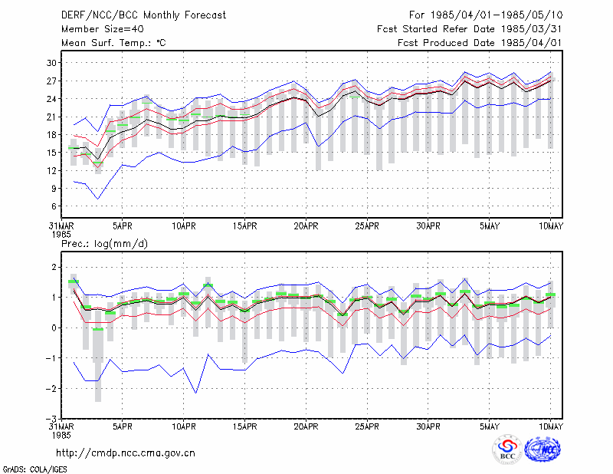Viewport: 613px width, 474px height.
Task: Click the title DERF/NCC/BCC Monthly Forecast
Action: tap(143, 15)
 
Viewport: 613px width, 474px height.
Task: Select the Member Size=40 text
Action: tap(103, 29)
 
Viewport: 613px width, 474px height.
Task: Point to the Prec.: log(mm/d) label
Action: tap(104, 244)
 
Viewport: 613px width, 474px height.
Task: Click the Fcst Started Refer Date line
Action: tap(469, 29)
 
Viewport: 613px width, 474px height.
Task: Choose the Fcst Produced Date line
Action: tap(480, 43)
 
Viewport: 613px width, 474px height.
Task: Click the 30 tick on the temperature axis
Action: tap(51, 63)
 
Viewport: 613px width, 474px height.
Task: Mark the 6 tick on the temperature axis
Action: tap(54, 206)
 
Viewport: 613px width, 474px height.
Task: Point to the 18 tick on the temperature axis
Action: tap(51, 135)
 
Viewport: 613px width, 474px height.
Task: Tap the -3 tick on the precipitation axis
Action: tap(51, 419)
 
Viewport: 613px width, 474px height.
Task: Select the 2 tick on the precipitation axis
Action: tap(54, 268)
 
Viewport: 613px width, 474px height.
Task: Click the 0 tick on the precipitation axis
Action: tap(54, 328)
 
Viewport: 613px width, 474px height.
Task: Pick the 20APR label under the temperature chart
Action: tap(306, 226)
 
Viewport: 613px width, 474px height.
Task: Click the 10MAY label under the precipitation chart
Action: tap(550, 426)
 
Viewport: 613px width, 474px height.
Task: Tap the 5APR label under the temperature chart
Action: tap(123, 226)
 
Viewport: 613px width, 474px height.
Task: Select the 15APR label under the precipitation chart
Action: tap(244, 426)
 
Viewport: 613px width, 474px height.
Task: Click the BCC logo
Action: tap(507, 449)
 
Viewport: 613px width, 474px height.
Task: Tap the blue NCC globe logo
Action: tap(543, 449)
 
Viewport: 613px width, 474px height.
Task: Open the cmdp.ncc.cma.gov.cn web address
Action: tap(126, 453)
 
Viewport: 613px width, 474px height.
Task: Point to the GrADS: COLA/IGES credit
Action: tap(34, 469)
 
